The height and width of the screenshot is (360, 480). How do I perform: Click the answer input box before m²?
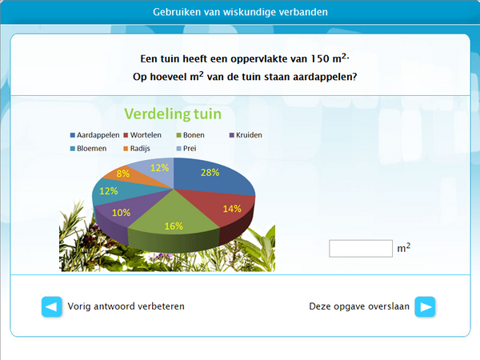tap(361, 249)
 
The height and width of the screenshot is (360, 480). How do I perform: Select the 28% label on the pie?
tap(210, 173)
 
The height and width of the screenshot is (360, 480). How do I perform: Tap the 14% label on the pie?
tap(231, 208)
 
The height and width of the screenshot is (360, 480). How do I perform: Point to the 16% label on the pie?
tap(174, 226)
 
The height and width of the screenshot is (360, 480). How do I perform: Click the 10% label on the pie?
tap(121, 213)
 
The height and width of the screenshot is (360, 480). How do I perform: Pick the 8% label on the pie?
tap(123, 173)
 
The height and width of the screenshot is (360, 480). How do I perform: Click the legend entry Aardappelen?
tap(97, 135)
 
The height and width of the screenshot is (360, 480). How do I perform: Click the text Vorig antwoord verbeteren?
tap(126, 306)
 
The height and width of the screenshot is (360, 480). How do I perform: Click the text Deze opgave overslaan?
tap(359, 306)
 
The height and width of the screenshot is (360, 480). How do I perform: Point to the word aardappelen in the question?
tap(322, 77)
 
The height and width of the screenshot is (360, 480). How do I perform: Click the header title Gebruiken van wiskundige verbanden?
tap(240, 12)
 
